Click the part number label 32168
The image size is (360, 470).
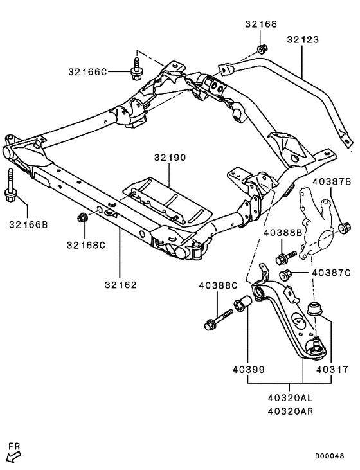click(261, 24)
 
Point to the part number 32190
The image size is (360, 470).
click(169, 158)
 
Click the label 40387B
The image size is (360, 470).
click(332, 183)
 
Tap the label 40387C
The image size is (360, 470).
click(331, 273)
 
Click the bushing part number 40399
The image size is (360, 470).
click(248, 370)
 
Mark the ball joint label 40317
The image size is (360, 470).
click(331, 370)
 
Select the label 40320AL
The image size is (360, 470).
click(289, 399)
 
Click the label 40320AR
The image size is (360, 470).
click(289, 411)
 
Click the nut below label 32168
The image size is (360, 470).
click(262, 49)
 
